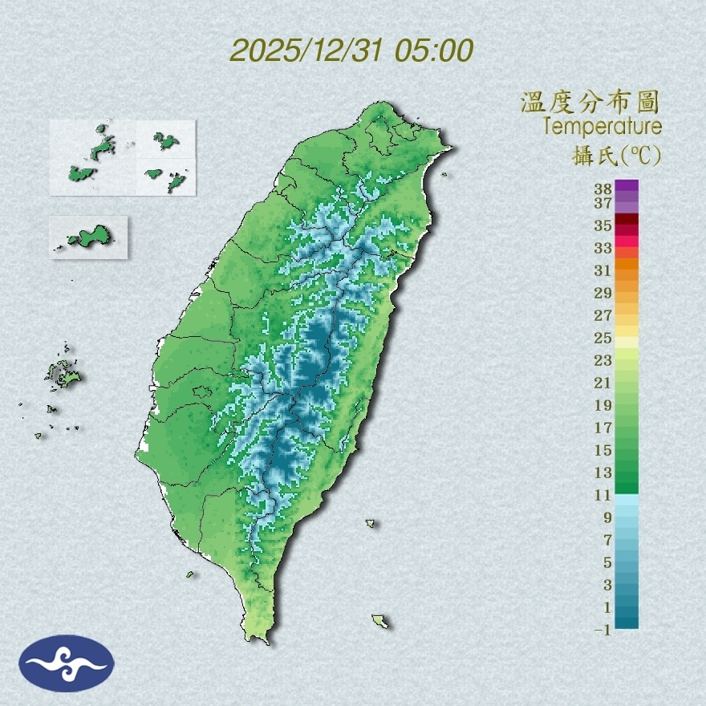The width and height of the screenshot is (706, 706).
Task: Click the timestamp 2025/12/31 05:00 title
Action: pos(351,51)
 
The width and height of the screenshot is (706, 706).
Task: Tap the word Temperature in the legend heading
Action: pos(602,127)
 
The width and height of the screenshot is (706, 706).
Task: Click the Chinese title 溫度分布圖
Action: pos(590,103)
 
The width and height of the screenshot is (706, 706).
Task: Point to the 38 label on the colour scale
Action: pos(603,189)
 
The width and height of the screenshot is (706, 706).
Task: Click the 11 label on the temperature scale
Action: pos(603,496)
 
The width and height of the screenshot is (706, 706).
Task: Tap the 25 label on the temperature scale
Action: pos(603,338)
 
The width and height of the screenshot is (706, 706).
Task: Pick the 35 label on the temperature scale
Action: pos(603,225)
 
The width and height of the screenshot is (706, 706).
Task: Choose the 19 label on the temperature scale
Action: pos(603,405)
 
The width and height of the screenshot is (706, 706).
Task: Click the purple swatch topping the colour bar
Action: pos(627,186)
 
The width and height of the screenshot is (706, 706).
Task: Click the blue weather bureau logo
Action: pos(67,663)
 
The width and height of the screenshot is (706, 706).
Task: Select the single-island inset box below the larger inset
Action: pos(88,237)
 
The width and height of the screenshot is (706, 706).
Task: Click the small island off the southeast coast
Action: pos(380,621)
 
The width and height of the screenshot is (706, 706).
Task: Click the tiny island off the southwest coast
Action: pos(191,574)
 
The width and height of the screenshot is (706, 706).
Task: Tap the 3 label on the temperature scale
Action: pos(607,586)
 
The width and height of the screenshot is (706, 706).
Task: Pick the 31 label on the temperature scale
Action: pos(603,270)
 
